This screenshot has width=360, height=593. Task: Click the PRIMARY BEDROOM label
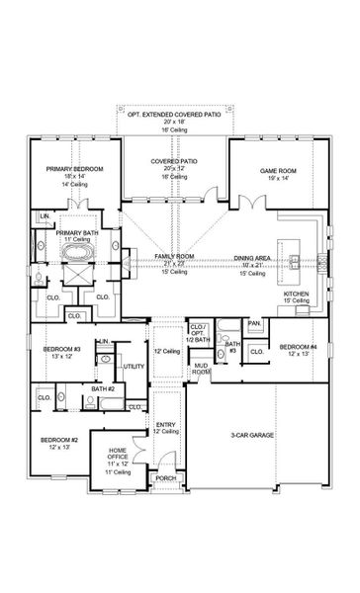click(67, 169)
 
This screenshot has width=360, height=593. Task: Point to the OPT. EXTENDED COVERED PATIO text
click(174, 115)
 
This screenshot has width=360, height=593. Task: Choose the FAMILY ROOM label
click(174, 256)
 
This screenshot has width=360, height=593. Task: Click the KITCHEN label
click(298, 294)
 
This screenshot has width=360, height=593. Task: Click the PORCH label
click(164, 478)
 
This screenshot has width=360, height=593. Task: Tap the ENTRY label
click(165, 424)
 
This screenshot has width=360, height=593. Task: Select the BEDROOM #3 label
click(61, 348)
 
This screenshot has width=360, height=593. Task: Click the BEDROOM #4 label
click(298, 347)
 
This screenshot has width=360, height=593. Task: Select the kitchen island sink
click(294, 261)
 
